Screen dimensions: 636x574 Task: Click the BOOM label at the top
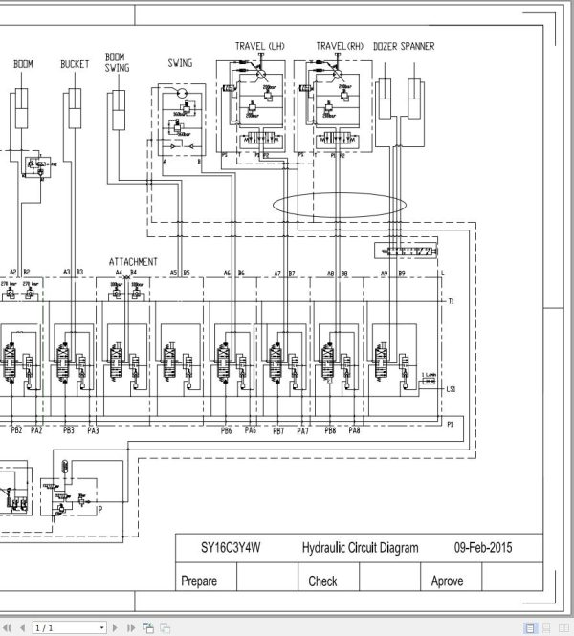coord(23,64)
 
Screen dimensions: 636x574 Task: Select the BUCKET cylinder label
coord(75,64)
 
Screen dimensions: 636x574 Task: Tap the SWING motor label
coord(180,64)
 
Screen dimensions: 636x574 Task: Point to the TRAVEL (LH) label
coord(260,46)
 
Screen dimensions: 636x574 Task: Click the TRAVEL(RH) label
coord(341,46)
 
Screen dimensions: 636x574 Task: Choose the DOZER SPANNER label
coord(404,46)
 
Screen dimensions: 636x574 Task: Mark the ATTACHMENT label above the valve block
coord(133,261)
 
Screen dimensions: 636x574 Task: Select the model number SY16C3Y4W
coord(230,548)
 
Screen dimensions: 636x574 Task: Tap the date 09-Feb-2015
coord(483,548)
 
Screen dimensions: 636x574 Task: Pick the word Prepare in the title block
coord(199,581)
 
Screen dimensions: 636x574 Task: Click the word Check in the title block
coord(322,581)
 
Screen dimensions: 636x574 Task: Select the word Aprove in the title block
coord(447,581)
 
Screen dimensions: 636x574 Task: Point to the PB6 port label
coord(227,430)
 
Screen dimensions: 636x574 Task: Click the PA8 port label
coord(354,430)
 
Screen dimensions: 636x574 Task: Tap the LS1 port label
coord(451,389)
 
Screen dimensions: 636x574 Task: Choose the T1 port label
coord(451,302)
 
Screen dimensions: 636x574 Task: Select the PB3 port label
coord(69,430)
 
